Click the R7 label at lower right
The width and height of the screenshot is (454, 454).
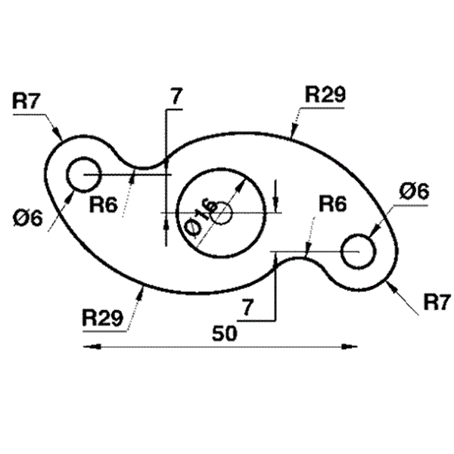pos(437,303)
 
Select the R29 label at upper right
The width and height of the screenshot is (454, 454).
pos(325,95)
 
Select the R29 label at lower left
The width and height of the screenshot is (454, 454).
pos(103,316)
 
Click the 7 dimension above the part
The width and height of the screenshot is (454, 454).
pos(176,96)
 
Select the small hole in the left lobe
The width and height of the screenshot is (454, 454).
pos(84,175)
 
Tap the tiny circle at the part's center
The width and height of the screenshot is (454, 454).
pos(223,214)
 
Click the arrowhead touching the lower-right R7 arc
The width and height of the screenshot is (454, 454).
pos(390,284)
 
